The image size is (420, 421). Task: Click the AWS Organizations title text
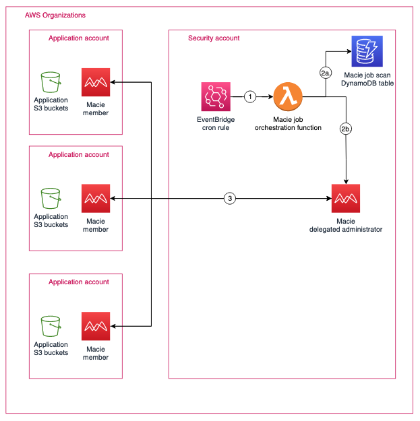pos(55,15)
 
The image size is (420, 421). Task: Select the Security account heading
pos(214,38)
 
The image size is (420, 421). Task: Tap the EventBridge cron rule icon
pos(216,97)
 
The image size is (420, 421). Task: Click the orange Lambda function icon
pos(288,97)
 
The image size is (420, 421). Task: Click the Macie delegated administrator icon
pos(346,199)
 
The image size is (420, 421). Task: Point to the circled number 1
pos(250,97)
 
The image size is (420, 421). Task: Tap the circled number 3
pos(231,199)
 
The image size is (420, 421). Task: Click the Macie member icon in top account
pos(95,83)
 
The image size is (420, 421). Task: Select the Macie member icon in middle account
pos(95,199)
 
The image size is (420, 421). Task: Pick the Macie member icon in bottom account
pos(95,326)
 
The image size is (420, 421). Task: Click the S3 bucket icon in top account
pos(51,83)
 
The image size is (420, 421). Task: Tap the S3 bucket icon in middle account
pos(51,199)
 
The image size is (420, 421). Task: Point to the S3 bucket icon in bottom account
pos(51,326)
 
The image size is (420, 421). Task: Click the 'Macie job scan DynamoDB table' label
pos(367,79)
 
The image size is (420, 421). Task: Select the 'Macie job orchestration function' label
pos(288,123)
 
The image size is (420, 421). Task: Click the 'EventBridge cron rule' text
pos(216,123)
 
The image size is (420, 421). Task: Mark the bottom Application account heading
pos(78,282)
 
